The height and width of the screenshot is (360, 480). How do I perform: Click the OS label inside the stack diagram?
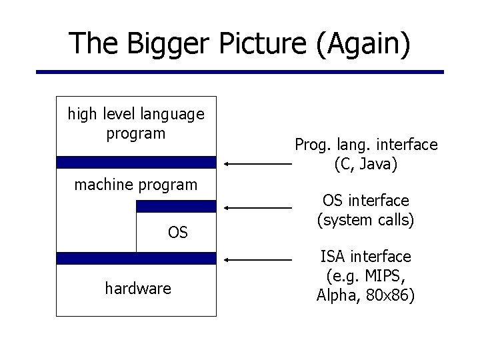(178, 233)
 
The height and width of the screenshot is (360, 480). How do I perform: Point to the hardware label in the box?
(138, 289)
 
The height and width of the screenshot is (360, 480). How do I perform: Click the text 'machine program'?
(136, 185)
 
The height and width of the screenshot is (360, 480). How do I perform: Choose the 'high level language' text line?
(136, 115)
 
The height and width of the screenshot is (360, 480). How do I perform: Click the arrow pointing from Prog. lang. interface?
(257, 163)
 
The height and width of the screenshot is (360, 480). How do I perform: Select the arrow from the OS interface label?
(257, 208)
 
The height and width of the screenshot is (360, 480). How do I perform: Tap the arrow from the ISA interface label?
(257, 259)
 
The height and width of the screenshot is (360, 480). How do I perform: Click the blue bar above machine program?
(136, 162)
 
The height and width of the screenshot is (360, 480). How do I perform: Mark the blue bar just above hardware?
(136, 258)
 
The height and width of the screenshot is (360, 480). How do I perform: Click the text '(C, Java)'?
(366, 164)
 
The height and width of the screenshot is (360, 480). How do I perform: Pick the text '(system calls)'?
(366, 219)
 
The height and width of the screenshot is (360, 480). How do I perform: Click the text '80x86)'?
(391, 295)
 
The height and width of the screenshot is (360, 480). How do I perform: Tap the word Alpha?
(335, 295)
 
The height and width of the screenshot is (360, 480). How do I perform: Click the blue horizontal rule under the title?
(239, 72)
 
